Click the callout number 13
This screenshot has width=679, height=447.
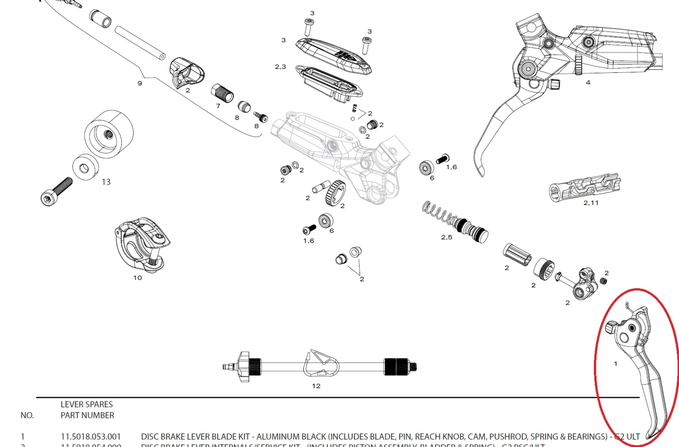click(106, 182)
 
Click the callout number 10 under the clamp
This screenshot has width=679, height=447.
click(138, 278)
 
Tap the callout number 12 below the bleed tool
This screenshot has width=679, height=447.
click(316, 386)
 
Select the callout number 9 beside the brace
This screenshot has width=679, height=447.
click(140, 83)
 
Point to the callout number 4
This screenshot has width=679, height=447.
click(588, 82)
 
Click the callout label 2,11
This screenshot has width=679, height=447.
click(591, 203)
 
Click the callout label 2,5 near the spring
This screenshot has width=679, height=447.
click(446, 237)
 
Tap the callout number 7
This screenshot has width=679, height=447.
click(218, 106)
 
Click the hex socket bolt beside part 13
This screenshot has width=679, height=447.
click(56, 191)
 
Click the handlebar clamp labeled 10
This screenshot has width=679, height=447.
click(141, 244)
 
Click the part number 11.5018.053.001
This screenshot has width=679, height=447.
click(91, 437)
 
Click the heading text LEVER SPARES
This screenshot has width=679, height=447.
click(87, 404)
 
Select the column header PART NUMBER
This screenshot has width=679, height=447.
click(87, 415)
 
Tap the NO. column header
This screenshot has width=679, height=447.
click(27, 415)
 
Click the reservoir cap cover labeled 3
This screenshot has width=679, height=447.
click(333, 56)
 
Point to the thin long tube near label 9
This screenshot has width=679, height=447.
click(140, 43)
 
